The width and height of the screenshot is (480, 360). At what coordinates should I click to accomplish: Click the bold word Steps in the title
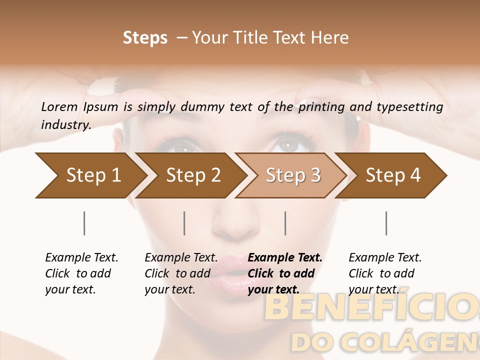[x=145, y=38]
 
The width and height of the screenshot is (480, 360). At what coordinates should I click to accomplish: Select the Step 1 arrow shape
[x=90, y=175]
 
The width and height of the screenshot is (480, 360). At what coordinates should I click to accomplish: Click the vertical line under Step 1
[x=84, y=223]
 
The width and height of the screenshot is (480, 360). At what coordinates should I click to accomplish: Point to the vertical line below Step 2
[x=184, y=223]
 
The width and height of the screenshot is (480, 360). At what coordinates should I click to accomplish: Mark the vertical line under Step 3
[x=285, y=223]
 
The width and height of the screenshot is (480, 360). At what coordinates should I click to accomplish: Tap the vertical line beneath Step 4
[x=386, y=223]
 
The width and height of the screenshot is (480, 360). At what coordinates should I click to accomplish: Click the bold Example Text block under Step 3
[x=285, y=273]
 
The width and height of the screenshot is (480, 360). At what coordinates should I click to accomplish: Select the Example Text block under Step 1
[x=81, y=273]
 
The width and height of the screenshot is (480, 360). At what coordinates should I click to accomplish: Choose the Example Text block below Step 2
[x=181, y=273]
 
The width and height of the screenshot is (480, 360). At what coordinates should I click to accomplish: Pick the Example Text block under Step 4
[x=385, y=273]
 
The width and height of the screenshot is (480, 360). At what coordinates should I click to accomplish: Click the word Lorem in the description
[x=59, y=107]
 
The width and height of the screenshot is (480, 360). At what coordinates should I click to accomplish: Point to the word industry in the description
[x=65, y=125]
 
